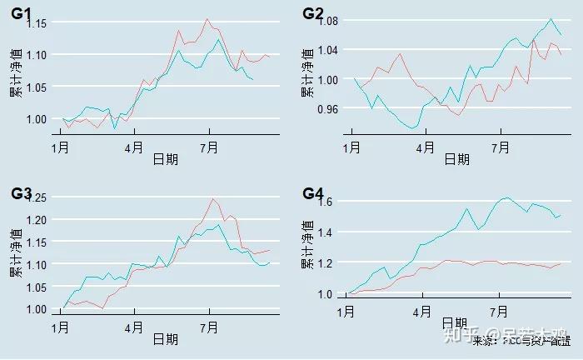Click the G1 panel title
click(x=22, y=13)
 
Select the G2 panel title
click(x=313, y=13)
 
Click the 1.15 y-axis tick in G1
click(x=38, y=23)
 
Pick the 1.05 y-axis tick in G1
click(x=38, y=87)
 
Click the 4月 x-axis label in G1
click(x=134, y=147)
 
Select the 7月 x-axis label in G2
click(x=500, y=147)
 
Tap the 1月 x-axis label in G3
click(x=61, y=327)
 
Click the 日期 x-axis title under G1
click(x=165, y=160)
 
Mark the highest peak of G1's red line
click(x=207, y=19)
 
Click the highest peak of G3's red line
click(x=213, y=198)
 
